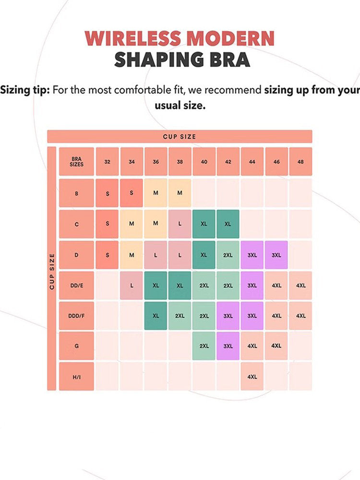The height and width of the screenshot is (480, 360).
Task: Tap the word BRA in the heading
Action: [230, 60]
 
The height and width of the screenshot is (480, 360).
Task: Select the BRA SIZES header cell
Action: [77, 162]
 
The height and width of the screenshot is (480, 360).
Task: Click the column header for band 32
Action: [108, 162]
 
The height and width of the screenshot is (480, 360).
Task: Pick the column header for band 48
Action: [300, 162]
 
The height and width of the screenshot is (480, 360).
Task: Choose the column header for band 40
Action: [204, 162]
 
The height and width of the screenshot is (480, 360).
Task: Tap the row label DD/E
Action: [77, 286]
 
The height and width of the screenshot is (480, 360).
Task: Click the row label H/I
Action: [77, 377]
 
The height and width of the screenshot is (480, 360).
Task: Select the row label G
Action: [77, 346]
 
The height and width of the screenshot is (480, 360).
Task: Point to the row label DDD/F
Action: [77, 316]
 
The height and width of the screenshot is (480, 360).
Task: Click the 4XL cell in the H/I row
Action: [252, 377]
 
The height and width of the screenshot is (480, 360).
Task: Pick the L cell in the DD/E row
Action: [132, 286]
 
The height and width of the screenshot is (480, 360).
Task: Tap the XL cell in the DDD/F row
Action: [156, 316]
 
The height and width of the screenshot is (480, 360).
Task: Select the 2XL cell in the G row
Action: [204, 346]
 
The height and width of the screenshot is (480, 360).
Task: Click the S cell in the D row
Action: [108, 255]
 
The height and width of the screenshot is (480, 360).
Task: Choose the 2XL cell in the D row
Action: [228, 255]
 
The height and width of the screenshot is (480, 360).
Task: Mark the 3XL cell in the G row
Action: [228, 346]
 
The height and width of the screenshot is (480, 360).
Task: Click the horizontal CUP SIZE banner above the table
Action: [180, 137]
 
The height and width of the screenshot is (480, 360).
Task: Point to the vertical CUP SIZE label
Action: [52, 271]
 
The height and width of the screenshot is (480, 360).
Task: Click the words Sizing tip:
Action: [25, 90]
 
